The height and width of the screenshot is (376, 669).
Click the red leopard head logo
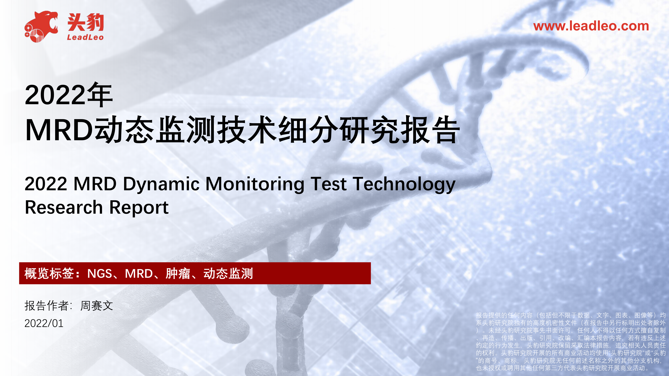click(41, 26)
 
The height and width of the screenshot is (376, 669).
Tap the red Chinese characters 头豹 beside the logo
click(86, 22)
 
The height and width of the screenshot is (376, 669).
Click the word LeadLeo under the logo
click(85, 37)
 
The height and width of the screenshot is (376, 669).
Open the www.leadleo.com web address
click(591, 26)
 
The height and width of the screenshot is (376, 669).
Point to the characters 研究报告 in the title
click(399, 130)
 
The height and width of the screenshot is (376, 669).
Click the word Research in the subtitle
click(64, 207)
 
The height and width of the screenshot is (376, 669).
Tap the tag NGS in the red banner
click(100, 274)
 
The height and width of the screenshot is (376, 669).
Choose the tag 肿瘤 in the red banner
click(178, 274)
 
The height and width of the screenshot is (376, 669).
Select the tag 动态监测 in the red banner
click(228, 274)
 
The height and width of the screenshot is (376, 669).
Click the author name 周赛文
click(97, 306)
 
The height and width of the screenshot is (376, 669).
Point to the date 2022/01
click(44, 323)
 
